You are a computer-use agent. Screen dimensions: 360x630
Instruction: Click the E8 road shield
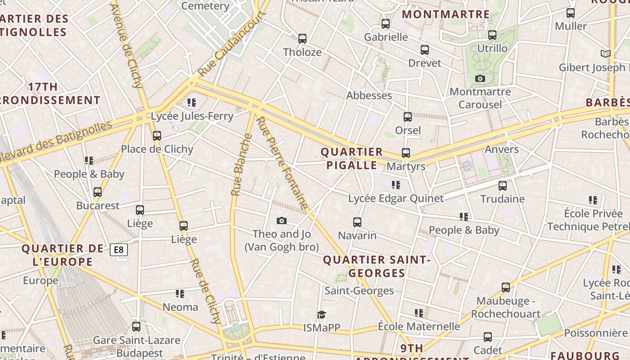click(119, 250)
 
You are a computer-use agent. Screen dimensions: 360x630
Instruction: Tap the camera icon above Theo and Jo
click(282, 220)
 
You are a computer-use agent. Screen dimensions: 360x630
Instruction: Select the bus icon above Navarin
click(357, 222)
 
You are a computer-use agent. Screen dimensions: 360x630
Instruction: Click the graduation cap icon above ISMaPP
click(321, 314)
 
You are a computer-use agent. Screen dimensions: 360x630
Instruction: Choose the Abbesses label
click(369, 95)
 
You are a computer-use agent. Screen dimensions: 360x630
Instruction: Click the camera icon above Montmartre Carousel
click(480, 79)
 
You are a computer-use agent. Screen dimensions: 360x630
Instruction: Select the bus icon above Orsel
click(408, 117)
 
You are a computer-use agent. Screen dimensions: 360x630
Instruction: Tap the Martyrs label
click(406, 166)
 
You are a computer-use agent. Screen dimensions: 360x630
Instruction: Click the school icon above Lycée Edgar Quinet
click(396, 184)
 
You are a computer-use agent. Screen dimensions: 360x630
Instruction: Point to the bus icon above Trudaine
click(503, 185)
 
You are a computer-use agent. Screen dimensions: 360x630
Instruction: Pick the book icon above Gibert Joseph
click(606, 54)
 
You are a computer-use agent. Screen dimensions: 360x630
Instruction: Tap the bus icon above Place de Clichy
click(157, 135)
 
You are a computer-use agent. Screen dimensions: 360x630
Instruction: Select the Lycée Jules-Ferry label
click(192, 116)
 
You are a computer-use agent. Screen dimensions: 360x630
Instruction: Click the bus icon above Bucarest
click(98, 192)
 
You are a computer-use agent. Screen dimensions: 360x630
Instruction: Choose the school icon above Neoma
click(180, 294)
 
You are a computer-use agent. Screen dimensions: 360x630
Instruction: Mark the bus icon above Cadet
click(488, 337)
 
